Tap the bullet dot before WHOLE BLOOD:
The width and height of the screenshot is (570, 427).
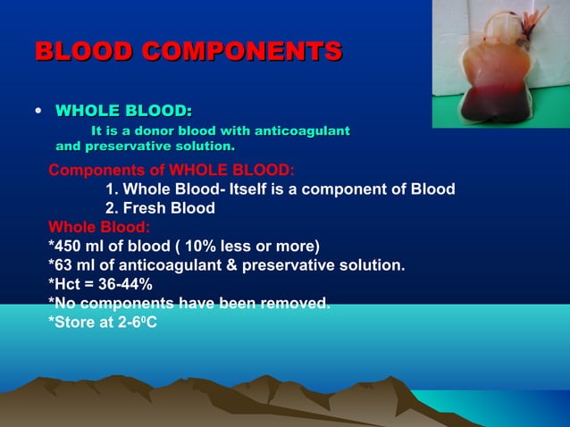point(37,113)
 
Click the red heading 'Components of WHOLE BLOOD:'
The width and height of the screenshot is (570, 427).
point(172,171)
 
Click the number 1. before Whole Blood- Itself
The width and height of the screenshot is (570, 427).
point(112,189)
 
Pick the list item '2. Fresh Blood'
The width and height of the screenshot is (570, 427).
point(160,208)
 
